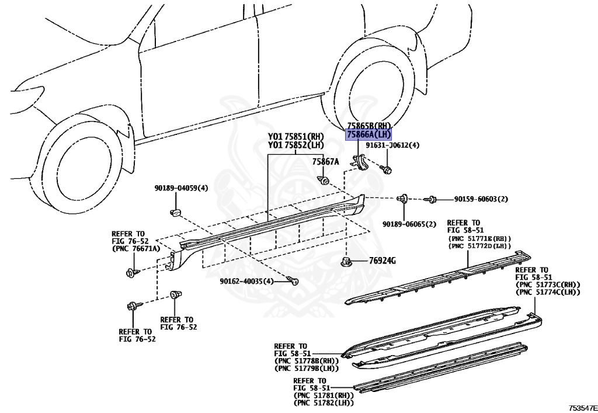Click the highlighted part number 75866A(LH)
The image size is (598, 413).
click(x=368, y=135)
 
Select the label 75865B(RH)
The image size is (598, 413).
click(x=368, y=126)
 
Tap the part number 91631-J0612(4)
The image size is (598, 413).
click(x=392, y=145)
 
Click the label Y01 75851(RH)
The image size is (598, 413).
click(x=295, y=137)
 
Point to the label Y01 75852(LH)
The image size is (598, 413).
click(x=295, y=145)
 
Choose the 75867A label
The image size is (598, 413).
click(x=325, y=162)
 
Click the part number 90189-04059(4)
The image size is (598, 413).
click(x=181, y=188)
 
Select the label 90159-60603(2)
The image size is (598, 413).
click(x=481, y=199)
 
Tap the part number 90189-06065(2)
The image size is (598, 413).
click(x=409, y=224)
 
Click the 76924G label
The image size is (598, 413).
click(x=382, y=260)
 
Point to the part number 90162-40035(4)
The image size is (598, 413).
click(x=246, y=281)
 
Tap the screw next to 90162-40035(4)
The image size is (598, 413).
click(x=295, y=282)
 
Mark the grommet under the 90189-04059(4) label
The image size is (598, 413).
click(x=175, y=210)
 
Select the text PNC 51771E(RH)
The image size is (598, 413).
click(x=479, y=238)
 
